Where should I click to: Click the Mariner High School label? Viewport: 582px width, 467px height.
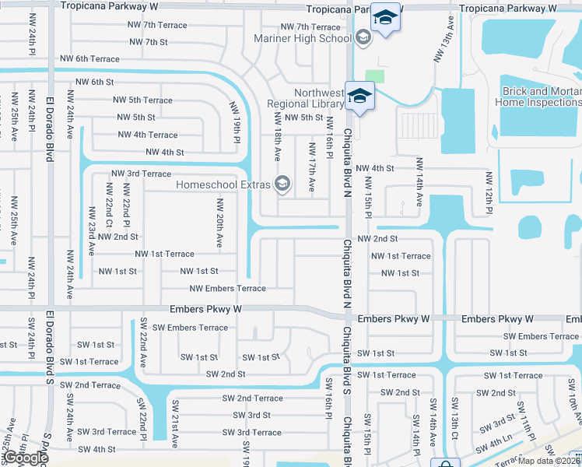(x=303, y=38)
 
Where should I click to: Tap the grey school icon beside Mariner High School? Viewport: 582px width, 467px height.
(x=363, y=36)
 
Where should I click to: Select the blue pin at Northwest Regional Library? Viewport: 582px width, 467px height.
(x=360, y=97)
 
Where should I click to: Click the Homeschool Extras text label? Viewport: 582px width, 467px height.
(x=223, y=184)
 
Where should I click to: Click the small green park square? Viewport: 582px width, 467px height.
(x=375, y=76)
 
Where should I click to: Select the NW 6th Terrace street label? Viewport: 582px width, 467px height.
(x=90, y=59)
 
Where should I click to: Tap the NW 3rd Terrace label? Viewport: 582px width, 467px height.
(x=141, y=174)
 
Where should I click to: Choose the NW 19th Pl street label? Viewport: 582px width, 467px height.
(x=234, y=122)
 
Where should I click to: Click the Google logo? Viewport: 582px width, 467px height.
(x=26, y=458)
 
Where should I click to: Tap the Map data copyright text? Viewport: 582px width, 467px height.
(x=549, y=461)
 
